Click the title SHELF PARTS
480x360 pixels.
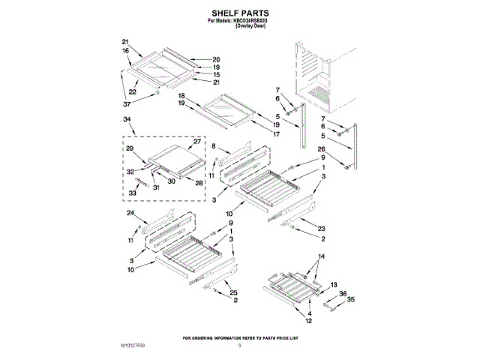(240, 13)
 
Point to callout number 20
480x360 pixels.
(216, 59)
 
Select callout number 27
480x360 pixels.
(197, 141)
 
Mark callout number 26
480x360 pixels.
(321, 148)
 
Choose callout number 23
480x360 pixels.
(321, 229)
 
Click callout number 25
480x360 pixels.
(233, 292)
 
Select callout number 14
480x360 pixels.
(322, 256)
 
